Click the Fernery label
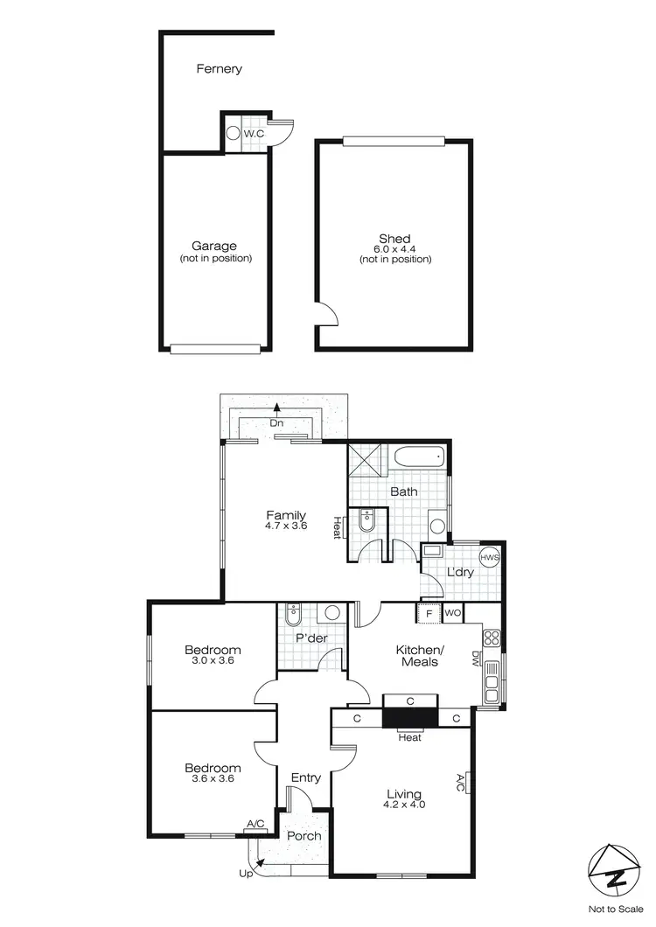[219, 68]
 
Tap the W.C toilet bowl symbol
[233, 134]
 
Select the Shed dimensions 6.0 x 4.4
[394, 249]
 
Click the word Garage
[214, 247]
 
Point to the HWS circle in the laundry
[488, 558]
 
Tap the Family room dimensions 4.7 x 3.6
[286, 526]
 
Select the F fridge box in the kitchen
[429, 612]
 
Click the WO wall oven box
[453, 612]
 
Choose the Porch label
[304, 836]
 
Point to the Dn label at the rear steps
[276, 423]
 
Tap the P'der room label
[311, 638]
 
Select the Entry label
[305, 777]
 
